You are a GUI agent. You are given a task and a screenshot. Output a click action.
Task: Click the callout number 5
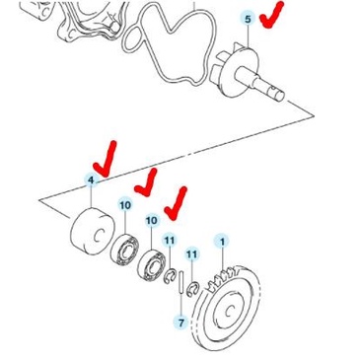coord(248,19)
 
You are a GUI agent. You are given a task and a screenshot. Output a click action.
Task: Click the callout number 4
coord(91,180)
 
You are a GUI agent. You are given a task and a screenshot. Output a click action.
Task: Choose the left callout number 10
coord(124,205)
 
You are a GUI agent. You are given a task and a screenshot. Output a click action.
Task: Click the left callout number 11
coord(169,240)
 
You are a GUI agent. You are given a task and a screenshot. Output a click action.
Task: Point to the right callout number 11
coord(191,253)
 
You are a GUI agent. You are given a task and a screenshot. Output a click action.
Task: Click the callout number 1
coord(223,242)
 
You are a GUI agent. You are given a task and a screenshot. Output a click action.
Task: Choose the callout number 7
coord(180,323)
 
